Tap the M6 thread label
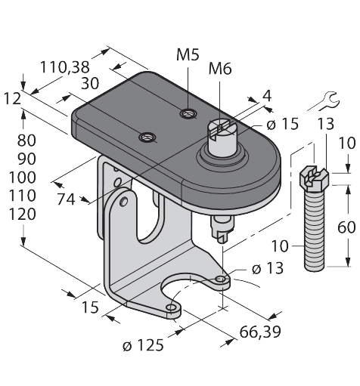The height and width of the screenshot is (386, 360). [220, 70]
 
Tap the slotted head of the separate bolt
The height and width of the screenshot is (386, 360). [316, 178]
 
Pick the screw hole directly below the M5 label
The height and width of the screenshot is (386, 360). [186, 114]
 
